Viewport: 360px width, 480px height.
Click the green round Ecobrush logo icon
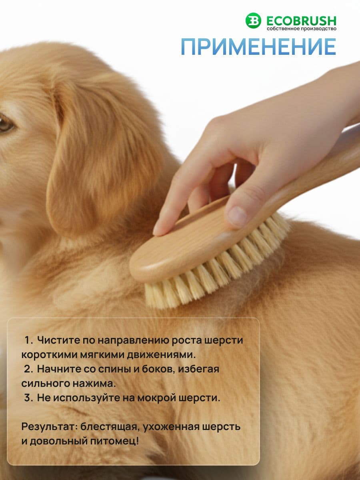253,20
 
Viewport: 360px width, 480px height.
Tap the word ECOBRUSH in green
302,21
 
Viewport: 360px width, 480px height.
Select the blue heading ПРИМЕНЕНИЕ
258,47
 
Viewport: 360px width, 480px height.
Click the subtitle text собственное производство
302,29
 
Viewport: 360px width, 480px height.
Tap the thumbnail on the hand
237,215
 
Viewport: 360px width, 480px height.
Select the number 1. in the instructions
29,340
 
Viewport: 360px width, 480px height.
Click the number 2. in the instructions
29,369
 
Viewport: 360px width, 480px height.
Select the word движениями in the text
161,355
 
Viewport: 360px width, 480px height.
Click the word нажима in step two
94,384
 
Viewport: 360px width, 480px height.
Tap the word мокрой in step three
156,398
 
